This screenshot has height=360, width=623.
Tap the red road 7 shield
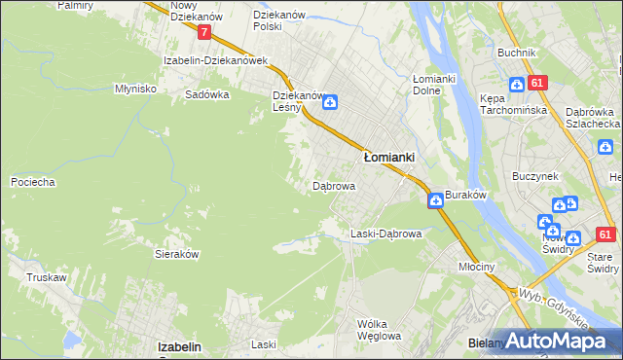click(x=203, y=32)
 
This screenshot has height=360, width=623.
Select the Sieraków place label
click(x=177, y=253)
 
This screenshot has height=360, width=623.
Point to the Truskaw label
click(x=47, y=277)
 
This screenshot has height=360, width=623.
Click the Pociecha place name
click(x=32, y=182)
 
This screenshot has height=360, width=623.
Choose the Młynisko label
click(x=136, y=88)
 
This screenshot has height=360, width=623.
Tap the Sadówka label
click(x=206, y=95)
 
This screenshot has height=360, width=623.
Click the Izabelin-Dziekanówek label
click(x=215, y=60)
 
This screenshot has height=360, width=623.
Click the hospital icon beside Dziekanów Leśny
click(x=330, y=101)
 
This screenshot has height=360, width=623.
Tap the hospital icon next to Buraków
click(x=435, y=200)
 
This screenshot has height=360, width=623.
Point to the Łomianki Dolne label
click(x=427, y=85)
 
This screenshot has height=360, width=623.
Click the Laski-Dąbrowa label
click(x=385, y=234)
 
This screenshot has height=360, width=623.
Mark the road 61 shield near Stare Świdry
click(x=605, y=234)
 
